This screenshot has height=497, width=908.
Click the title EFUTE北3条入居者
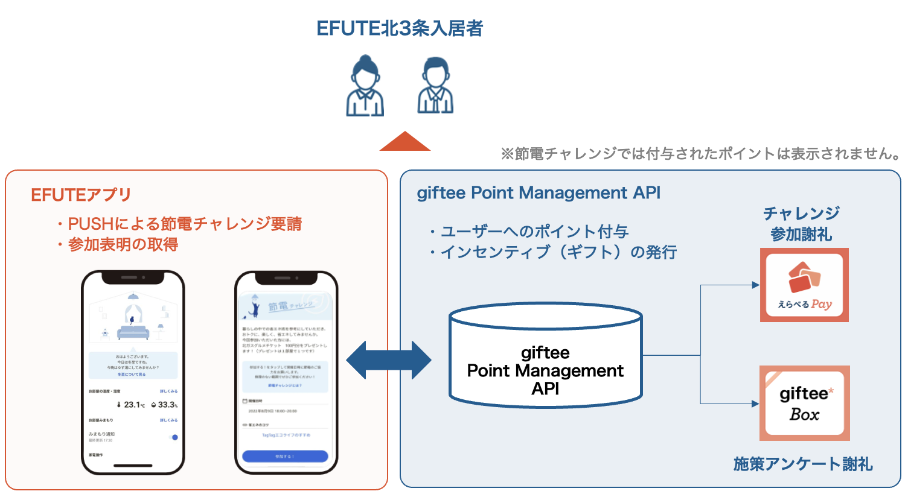pyautogui.click(x=400, y=28)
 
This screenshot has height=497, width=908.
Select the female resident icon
pyautogui.click(x=365, y=86)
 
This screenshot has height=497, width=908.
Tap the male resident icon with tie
pyautogui.click(x=435, y=86)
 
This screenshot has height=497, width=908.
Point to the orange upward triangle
pyautogui.click(x=405, y=142)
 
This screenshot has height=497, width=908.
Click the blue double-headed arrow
pyautogui.click(x=389, y=360)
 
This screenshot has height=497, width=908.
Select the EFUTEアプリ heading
pyautogui.click(x=81, y=195)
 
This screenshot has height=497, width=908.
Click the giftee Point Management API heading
pyautogui.click(x=539, y=193)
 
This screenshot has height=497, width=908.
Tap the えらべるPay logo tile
pyautogui.click(x=804, y=285)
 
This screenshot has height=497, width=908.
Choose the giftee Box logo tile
pyautogui.click(x=804, y=403)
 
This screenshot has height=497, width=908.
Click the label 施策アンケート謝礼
pyautogui.click(x=803, y=464)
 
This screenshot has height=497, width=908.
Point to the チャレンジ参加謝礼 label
pyautogui.click(x=801, y=224)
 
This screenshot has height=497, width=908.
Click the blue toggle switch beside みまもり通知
pyautogui.click(x=174, y=437)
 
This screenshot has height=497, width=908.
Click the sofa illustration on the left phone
pyautogui.click(x=133, y=332)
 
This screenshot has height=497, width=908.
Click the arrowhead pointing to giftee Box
pyautogui.click(x=755, y=404)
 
